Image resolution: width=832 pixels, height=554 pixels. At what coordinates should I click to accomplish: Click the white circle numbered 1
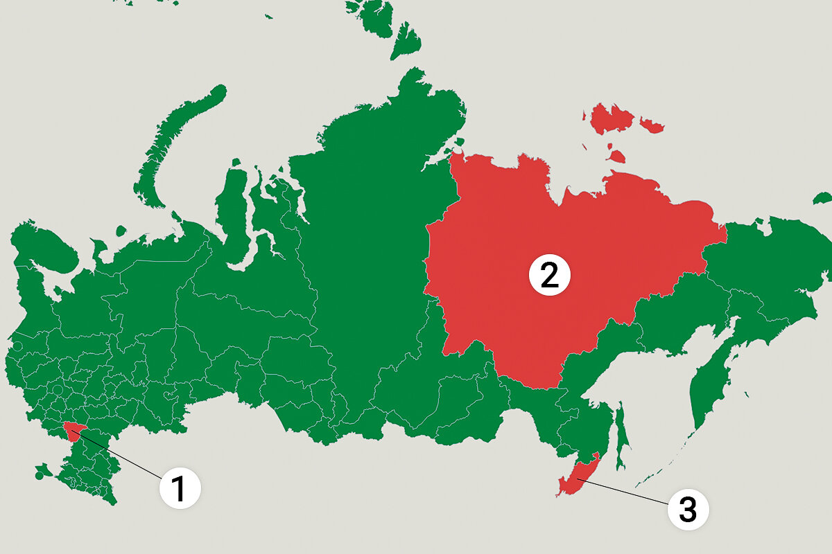point(180,489)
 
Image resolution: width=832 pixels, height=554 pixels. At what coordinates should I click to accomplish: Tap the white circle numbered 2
point(549,276)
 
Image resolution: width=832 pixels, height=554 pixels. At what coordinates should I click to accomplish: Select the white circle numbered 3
point(687,510)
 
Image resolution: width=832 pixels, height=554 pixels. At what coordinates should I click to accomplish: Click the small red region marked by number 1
point(73,431)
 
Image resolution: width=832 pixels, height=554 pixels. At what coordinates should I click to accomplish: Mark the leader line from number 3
point(624,493)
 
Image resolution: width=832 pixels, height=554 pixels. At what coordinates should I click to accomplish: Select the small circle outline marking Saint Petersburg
point(17,346)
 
